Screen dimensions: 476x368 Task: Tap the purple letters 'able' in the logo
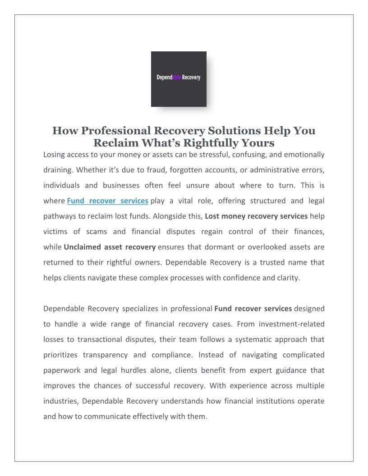[x=177, y=78]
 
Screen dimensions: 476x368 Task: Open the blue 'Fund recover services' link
[x=107, y=201]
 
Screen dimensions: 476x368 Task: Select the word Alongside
[x=169, y=216]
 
